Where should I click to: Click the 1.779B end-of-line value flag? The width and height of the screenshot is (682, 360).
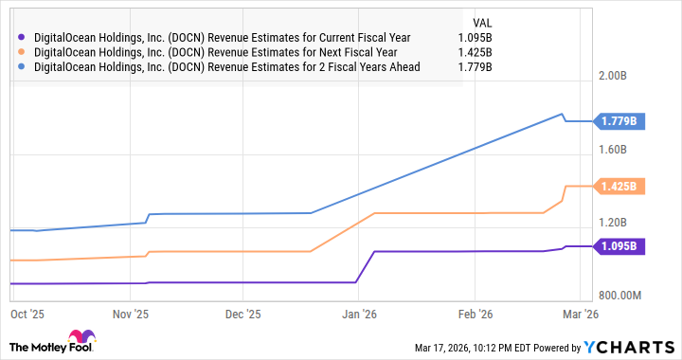(620, 120)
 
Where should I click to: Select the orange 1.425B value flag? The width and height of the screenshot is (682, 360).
(620, 187)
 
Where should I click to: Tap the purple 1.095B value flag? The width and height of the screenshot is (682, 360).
(620, 246)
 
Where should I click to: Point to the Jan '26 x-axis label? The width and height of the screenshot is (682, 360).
(358, 313)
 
